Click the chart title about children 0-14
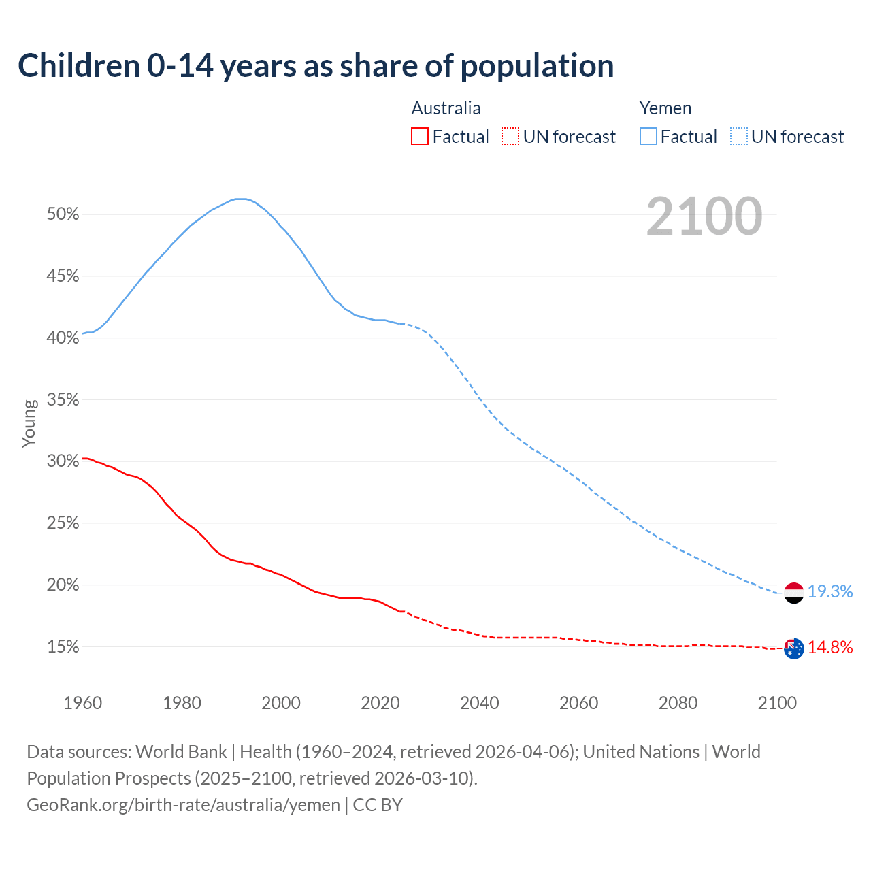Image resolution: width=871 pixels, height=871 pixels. pyautogui.click(x=316, y=66)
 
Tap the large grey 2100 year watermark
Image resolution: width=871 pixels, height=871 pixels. pyautogui.click(x=704, y=216)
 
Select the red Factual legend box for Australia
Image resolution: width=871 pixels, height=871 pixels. pyautogui.click(x=420, y=137)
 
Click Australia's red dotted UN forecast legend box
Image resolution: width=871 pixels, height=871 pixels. pyautogui.click(x=510, y=137)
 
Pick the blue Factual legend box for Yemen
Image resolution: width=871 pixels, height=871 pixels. pyautogui.click(x=648, y=137)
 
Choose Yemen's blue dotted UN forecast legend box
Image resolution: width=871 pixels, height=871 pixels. pyautogui.click(x=739, y=137)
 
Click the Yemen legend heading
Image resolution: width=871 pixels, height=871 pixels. pyautogui.click(x=665, y=108)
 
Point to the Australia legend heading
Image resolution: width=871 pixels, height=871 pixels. pyautogui.click(x=446, y=108)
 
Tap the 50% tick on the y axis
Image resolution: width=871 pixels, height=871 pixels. pyautogui.click(x=63, y=214)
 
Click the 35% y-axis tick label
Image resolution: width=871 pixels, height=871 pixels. pyautogui.click(x=63, y=399)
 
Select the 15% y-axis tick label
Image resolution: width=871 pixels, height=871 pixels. pyautogui.click(x=63, y=647)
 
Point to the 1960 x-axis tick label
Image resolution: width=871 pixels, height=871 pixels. pyautogui.click(x=82, y=703)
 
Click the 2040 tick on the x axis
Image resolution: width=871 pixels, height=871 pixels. pyautogui.click(x=480, y=703)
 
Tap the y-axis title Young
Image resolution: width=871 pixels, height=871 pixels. pyautogui.click(x=29, y=423)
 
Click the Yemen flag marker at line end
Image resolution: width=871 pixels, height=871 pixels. pyautogui.click(x=793, y=593)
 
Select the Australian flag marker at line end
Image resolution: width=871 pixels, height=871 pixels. pyautogui.click(x=793, y=648)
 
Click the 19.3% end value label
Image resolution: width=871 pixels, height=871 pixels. pyautogui.click(x=830, y=592)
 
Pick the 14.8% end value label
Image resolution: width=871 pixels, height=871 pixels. pyautogui.click(x=830, y=648)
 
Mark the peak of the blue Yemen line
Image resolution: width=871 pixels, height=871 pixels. pyautogui.click(x=239, y=199)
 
